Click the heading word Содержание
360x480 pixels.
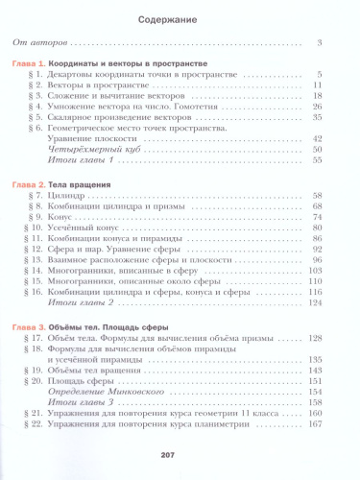pyautogui.click(x=180, y=17)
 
